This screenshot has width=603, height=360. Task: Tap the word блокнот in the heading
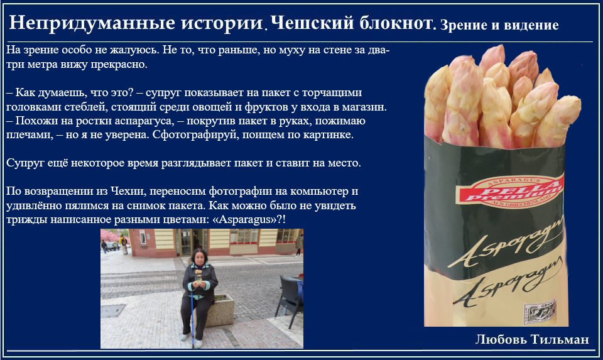(x=396, y=23)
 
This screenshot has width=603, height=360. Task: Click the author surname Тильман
(x=560, y=339)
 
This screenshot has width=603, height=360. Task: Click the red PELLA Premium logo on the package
(x=509, y=190)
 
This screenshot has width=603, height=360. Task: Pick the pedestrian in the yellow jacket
(x=124, y=244)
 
